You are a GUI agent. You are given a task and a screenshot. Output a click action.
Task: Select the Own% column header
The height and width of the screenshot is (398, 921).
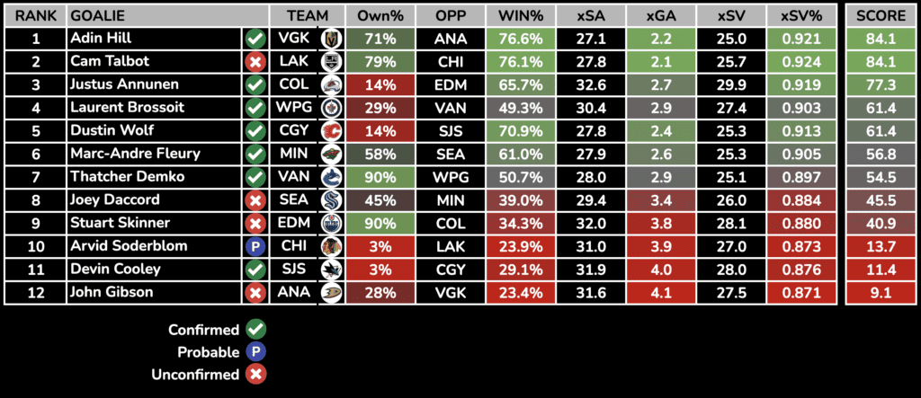coord(380,16)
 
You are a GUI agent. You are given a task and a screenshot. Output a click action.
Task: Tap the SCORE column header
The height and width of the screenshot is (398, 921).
coord(881,16)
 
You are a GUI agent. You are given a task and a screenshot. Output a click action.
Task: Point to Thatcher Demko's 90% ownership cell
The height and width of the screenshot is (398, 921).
coord(380,177)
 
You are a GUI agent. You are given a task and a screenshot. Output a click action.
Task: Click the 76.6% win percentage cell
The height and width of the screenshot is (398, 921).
coord(520,39)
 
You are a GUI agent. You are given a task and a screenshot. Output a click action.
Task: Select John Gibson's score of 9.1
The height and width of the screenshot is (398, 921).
coord(881,292)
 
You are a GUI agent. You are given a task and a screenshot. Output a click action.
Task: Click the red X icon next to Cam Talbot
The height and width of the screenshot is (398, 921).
coord(255,62)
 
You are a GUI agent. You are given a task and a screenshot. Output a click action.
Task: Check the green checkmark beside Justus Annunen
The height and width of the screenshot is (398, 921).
coord(255,85)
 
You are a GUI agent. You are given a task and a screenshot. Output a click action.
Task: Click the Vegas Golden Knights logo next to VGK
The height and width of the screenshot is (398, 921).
coord(330,39)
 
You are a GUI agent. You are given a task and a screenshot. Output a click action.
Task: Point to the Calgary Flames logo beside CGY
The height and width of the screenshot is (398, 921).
coord(330,131)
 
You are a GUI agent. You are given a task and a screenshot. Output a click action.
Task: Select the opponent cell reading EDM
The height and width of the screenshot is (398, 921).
coord(451,85)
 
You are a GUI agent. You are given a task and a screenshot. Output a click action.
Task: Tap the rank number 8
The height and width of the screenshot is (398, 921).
coord(36,200)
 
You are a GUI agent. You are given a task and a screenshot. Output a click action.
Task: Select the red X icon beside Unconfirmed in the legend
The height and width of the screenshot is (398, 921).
coord(256,375)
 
